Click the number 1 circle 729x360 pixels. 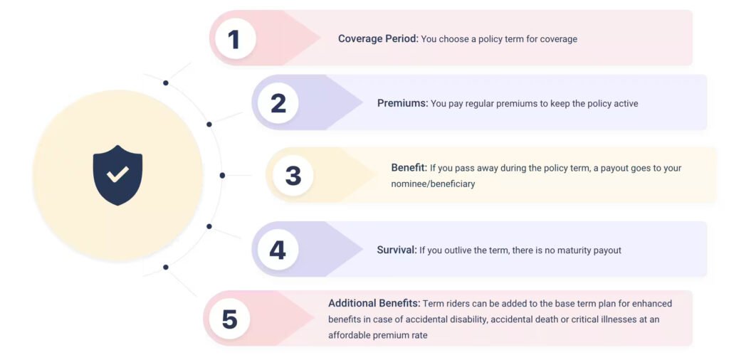tap(235, 38)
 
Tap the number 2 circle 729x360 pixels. tap(278, 103)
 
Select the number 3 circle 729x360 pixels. tap(293, 176)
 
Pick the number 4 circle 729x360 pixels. tap(278, 250)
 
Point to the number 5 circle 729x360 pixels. tap(229, 319)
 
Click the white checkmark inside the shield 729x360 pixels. tap(117, 174)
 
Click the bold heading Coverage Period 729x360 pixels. tap(379, 38)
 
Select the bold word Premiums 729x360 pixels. tap(403, 103)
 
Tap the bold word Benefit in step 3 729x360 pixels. tap(409, 168)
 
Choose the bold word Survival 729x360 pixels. tap(397, 250)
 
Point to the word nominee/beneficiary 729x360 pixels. tap(434, 184)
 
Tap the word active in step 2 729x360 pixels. tap(625, 103)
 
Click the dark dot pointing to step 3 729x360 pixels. tap(222, 176)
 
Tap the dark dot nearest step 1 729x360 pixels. tap(165, 83)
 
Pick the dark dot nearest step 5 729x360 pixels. tap(165, 267)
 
